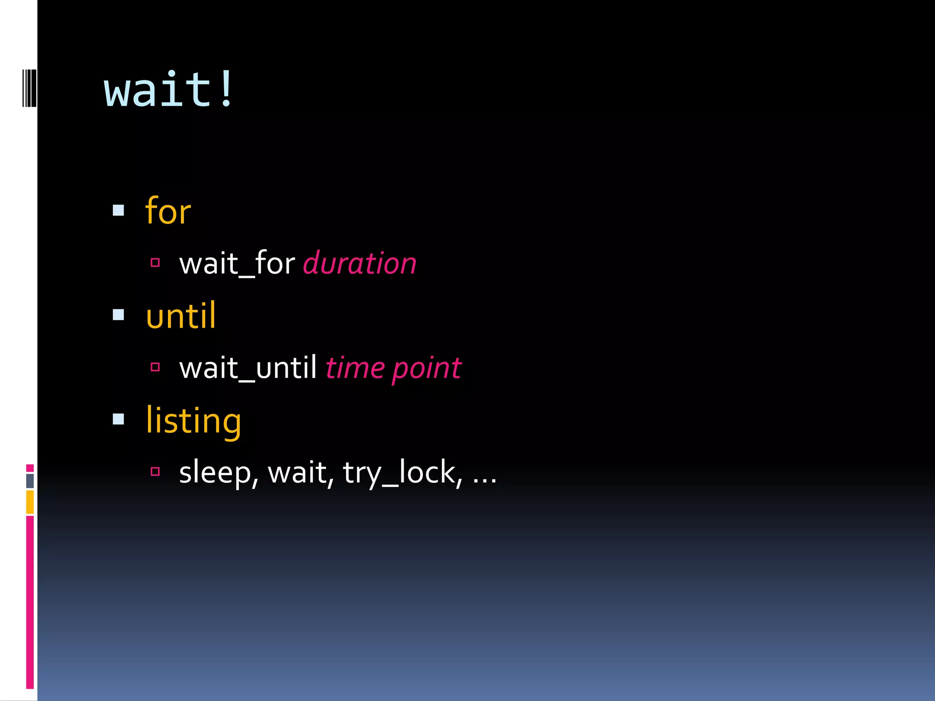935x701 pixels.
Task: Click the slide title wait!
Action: (x=169, y=90)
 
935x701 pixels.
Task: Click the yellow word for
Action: (x=168, y=211)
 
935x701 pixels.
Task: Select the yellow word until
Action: (x=181, y=316)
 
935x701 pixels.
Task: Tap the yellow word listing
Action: (x=193, y=421)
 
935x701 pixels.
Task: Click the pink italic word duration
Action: (x=360, y=264)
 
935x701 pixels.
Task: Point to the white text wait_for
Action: (x=237, y=264)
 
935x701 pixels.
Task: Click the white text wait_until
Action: (x=248, y=368)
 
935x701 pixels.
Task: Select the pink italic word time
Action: (x=355, y=368)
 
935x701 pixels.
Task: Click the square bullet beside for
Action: (x=119, y=210)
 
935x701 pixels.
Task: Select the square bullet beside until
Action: (x=119, y=315)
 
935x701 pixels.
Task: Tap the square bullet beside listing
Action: (x=119, y=419)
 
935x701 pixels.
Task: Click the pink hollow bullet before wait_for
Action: (x=155, y=262)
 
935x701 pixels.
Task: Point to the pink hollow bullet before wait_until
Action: (x=155, y=367)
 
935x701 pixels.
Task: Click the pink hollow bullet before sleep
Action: (x=155, y=471)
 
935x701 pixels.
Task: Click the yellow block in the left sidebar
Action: (x=30, y=502)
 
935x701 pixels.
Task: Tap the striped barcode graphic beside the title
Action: (x=29, y=88)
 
